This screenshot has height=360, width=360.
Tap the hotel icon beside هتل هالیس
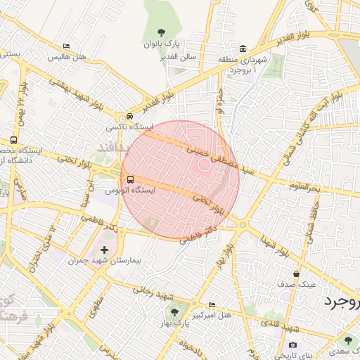[x=66, y=46]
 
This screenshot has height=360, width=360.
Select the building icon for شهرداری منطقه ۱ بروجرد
[x=243, y=49]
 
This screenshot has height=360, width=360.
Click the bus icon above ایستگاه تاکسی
[x=129, y=117]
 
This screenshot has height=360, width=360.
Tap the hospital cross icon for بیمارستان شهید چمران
[x=105, y=250]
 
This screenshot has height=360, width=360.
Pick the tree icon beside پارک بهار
[x=174, y=312]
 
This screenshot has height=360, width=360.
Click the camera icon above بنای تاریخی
[x=292, y=345]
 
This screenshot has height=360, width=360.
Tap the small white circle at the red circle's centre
[x=204, y=165]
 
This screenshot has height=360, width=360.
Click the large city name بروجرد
[x=341, y=302]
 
